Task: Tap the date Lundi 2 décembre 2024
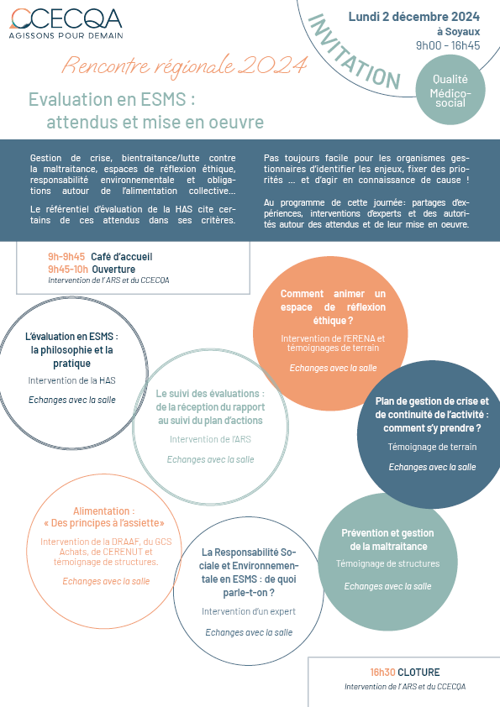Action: point(413,17)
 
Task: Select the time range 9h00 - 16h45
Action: point(448,45)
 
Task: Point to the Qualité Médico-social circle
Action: point(450,91)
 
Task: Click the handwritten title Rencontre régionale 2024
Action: point(184,65)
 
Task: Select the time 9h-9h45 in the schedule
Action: point(66,257)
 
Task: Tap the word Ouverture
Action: point(113,270)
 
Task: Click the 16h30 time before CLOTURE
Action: point(382,673)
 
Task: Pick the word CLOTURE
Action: point(418,673)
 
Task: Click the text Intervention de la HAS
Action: point(71,380)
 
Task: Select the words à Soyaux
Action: point(458,32)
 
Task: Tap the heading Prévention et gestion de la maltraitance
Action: point(387,540)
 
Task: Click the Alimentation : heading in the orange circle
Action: point(104,511)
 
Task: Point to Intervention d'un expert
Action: point(249,611)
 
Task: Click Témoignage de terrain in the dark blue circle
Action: point(432,447)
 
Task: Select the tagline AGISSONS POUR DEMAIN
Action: point(66,35)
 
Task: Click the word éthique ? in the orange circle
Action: point(333,321)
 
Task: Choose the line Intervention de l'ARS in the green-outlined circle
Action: point(210,439)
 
